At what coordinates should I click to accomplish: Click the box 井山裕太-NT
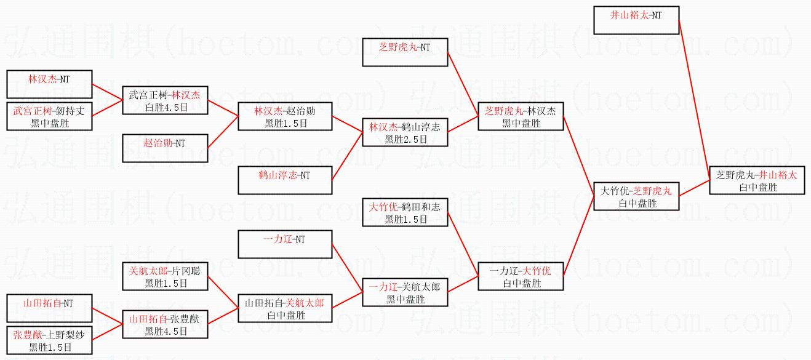tap(636, 20)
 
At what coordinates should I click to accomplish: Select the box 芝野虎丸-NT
tap(404, 52)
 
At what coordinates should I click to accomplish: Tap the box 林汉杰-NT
tap(49, 84)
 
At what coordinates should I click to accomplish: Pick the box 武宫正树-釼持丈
tap(49, 117)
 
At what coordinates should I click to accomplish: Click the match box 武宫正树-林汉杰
tap(165, 100)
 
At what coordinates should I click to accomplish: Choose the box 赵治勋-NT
tap(165, 148)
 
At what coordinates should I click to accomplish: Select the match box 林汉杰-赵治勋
tap(285, 116)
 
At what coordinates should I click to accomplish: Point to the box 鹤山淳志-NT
tap(285, 180)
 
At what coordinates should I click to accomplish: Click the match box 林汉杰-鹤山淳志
tap(404, 132)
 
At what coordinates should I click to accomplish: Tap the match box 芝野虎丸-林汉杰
tap(521, 116)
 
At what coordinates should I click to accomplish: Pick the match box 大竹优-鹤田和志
tap(404, 212)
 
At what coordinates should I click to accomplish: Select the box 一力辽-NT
tap(285, 244)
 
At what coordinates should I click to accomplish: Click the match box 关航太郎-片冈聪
tap(165, 276)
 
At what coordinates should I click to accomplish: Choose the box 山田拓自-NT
tap(49, 308)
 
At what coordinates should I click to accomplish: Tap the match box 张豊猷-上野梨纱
tap(49, 340)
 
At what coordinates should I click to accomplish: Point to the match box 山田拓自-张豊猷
tap(165, 324)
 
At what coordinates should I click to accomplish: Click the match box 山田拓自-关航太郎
tap(285, 308)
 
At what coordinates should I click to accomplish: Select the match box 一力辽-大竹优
tap(521, 276)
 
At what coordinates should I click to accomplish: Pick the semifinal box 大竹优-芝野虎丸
tap(636, 196)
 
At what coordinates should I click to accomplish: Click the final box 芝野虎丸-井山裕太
tap(756, 180)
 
